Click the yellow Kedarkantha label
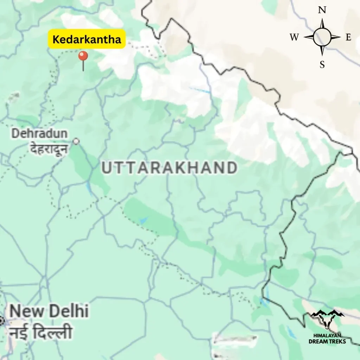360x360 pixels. pos(86,39)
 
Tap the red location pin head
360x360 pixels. pos(83,56)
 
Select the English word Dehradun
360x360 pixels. pos(39,134)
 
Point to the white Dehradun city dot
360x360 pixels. pos(76,141)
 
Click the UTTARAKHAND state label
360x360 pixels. pos(169,168)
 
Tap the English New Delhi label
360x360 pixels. pos(49,311)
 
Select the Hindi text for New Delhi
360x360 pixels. pos(40,333)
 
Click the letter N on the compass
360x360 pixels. pos(322,10)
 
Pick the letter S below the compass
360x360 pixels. pos(322,65)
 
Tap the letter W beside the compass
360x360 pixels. pos(294,37)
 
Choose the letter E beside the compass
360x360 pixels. pos(348,38)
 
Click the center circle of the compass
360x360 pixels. pos(322,37)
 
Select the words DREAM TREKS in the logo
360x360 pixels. pos(327,341)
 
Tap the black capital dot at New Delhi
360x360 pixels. pos(1,321)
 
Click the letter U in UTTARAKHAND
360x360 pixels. pos(107,168)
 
